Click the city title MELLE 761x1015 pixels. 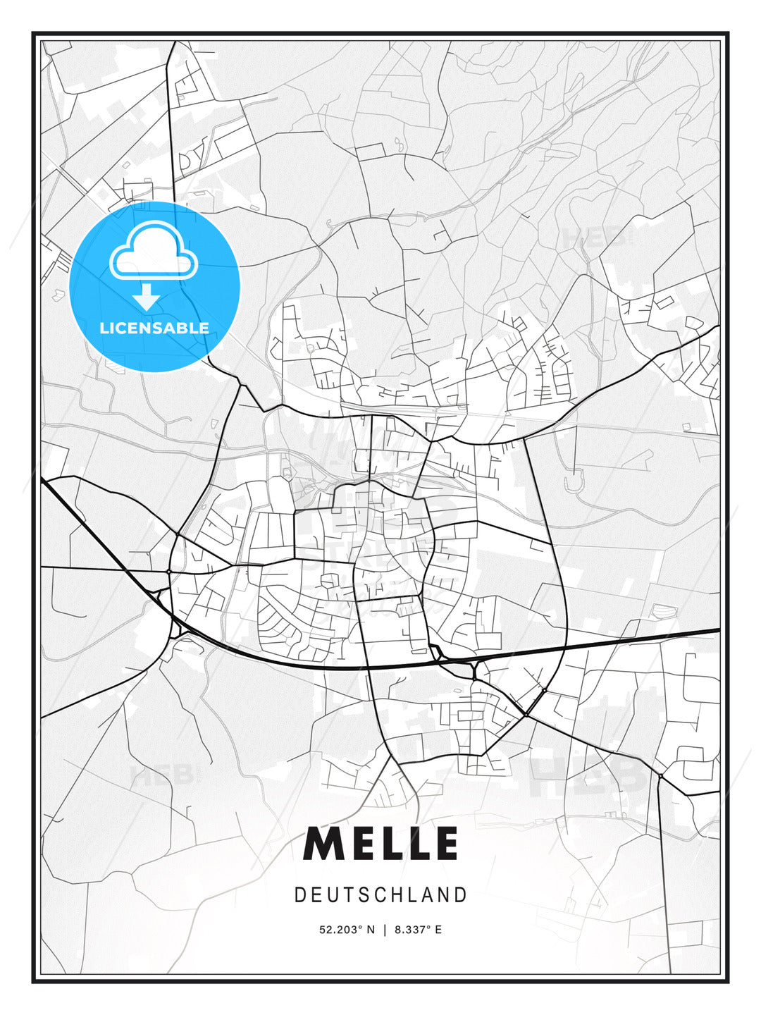coord(380,844)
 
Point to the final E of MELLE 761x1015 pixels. coord(444,844)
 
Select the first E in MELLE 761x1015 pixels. coord(364,844)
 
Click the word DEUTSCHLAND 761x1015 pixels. coord(380,895)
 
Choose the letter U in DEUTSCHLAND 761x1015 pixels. coord(332,895)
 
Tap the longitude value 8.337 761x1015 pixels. coord(412,930)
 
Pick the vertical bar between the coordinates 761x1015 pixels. coord(385,930)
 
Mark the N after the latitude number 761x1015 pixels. coord(371,930)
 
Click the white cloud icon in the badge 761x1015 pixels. coord(154,252)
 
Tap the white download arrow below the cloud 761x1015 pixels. coord(147,297)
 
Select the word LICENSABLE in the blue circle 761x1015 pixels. coord(154,328)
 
